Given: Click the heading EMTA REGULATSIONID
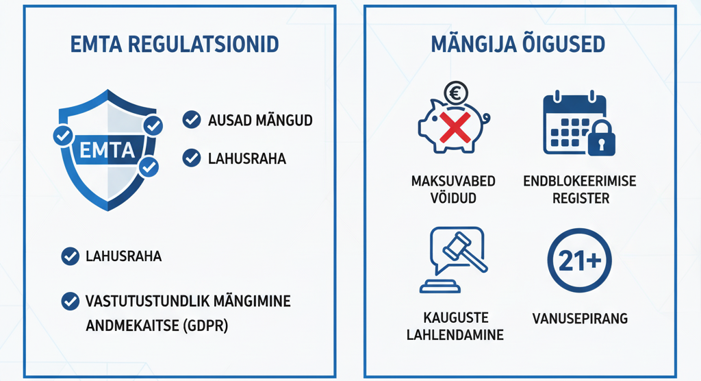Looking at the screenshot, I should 175,45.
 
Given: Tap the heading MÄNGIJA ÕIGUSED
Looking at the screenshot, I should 518,45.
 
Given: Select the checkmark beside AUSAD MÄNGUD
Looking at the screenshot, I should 192,120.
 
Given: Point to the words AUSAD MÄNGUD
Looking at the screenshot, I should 260,121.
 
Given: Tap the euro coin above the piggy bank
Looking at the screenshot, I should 455,92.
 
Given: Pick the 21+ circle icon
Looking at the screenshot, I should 579,261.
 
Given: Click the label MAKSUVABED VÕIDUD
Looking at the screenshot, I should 453,190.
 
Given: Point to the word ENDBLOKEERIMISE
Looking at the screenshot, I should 579,182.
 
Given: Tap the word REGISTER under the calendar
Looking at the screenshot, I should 579,199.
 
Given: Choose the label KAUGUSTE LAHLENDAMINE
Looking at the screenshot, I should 455,326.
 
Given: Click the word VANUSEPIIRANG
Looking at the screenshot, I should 580,319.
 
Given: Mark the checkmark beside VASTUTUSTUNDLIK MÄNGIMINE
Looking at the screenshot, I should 70,300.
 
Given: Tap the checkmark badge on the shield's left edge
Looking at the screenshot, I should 63,136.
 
